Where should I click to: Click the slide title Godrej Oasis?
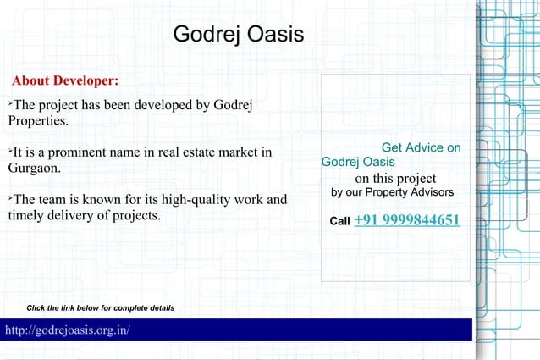point(238,36)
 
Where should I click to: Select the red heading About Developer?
point(65,81)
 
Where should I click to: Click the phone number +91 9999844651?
point(407,220)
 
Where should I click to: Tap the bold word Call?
point(339,222)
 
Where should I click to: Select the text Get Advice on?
point(421,147)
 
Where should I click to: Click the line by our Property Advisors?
point(392,192)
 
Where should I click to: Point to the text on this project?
point(395,178)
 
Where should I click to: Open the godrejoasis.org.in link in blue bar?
point(68,330)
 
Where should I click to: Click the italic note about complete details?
point(101,307)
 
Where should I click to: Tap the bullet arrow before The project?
point(10,102)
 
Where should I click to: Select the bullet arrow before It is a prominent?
point(10,150)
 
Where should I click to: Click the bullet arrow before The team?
point(10,197)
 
